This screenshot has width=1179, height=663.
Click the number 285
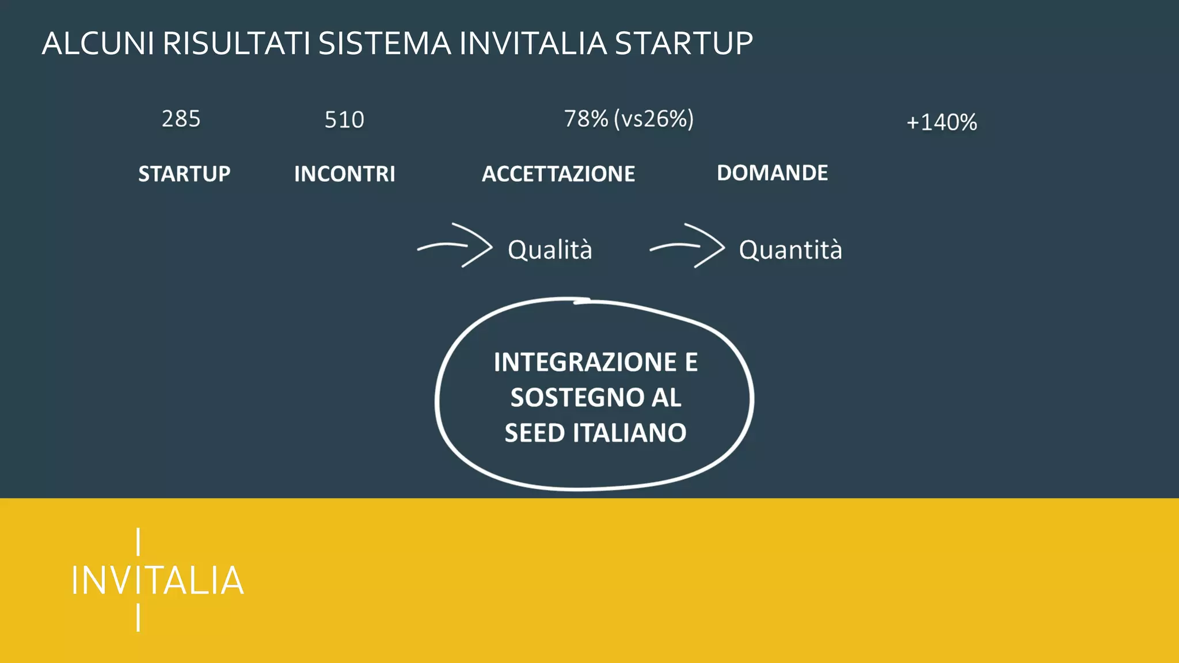[181, 119]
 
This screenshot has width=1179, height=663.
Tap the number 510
[344, 120]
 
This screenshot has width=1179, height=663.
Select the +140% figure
[941, 122]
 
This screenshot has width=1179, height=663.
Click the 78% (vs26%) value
[629, 119]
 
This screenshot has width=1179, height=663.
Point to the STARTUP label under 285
[184, 174]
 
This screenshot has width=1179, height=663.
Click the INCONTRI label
[344, 174]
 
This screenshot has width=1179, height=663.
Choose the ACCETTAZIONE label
[558, 174]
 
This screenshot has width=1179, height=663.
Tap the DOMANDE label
[772, 173]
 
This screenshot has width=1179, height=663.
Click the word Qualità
[550, 250]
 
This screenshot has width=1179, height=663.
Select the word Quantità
[790, 250]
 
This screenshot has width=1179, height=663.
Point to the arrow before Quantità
[688, 246]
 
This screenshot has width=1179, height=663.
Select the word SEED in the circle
[534, 433]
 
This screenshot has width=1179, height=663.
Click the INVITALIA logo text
[157, 580]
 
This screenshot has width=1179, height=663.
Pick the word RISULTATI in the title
[236, 44]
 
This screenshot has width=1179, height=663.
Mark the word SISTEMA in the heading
[385, 44]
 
